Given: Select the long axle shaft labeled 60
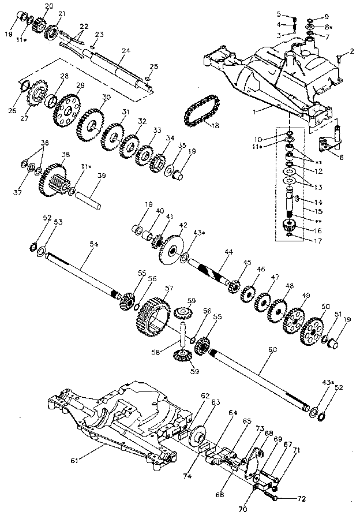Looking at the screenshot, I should pyautogui.click(x=260, y=376).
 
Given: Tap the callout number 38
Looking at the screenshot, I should pyautogui.click(x=66, y=154).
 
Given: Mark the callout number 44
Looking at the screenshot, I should pyautogui.click(x=229, y=252).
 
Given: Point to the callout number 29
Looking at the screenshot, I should pyautogui.click(x=80, y=85).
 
